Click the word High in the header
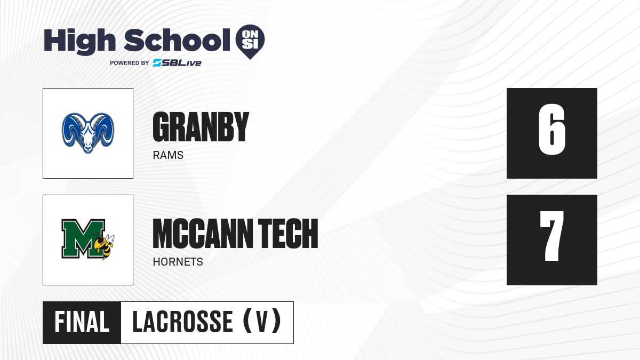pos(79,42)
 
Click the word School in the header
pos(177,40)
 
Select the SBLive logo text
pos(177,63)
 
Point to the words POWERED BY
pos(130,63)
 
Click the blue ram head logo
pos(88,133)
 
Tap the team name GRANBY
pos(201,126)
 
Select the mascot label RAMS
pos(168,155)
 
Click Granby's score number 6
pos(551,130)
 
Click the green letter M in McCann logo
pos(83,238)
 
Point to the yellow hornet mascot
pos(105,245)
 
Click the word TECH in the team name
pos(288,234)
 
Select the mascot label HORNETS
pos(178,262)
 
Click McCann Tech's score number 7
pos(551,236)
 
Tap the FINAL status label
pos(82,322)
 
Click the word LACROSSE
pos(182,322)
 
